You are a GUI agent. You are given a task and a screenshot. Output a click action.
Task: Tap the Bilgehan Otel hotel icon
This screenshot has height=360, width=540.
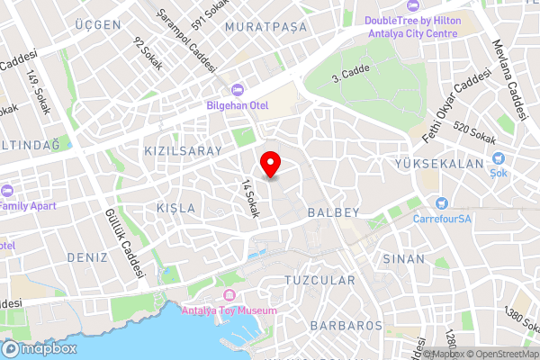[238, 90]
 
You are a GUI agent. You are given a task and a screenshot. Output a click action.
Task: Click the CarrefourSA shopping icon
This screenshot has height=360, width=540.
[442, 202]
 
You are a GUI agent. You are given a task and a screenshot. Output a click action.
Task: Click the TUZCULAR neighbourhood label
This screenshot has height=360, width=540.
[319, 281]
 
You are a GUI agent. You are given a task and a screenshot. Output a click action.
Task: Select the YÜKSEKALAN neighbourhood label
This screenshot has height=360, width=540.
[439, 164]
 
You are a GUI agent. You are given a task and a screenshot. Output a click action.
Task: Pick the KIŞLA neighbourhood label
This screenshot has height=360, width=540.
[175, 208]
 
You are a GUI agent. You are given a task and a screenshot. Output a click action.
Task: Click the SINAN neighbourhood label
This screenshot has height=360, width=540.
[403, 258]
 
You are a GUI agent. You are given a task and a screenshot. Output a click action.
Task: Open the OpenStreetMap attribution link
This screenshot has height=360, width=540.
[500, 354]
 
